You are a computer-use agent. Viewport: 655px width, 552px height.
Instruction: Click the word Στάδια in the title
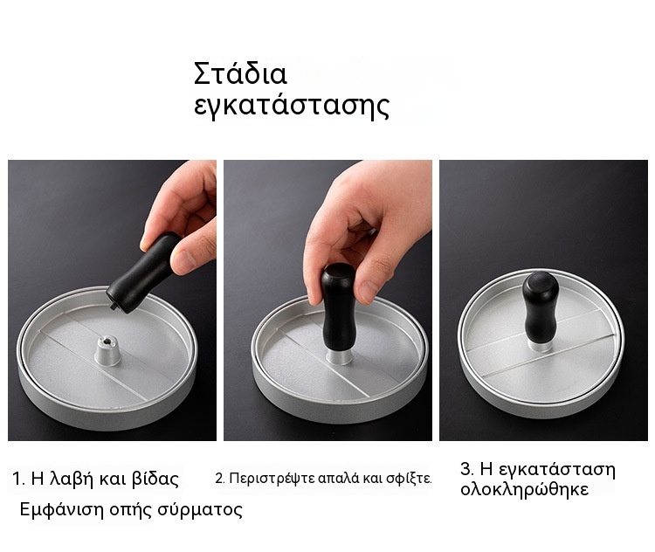(x=240, y=73)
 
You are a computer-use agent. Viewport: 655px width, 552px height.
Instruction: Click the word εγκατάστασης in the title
(x=292, y=106)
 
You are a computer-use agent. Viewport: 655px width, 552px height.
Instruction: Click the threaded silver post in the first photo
(x=107, y=351)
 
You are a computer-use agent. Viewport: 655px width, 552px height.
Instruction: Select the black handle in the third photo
(x=540, y=307)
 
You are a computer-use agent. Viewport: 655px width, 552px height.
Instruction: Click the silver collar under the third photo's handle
(x=540, y=345)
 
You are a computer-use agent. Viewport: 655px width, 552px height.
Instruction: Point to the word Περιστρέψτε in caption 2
(x=272, y=479)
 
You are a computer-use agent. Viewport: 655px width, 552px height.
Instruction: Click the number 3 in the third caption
(x=465, y=469)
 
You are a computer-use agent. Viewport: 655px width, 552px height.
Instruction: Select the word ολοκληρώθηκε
(x=524, y=489)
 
